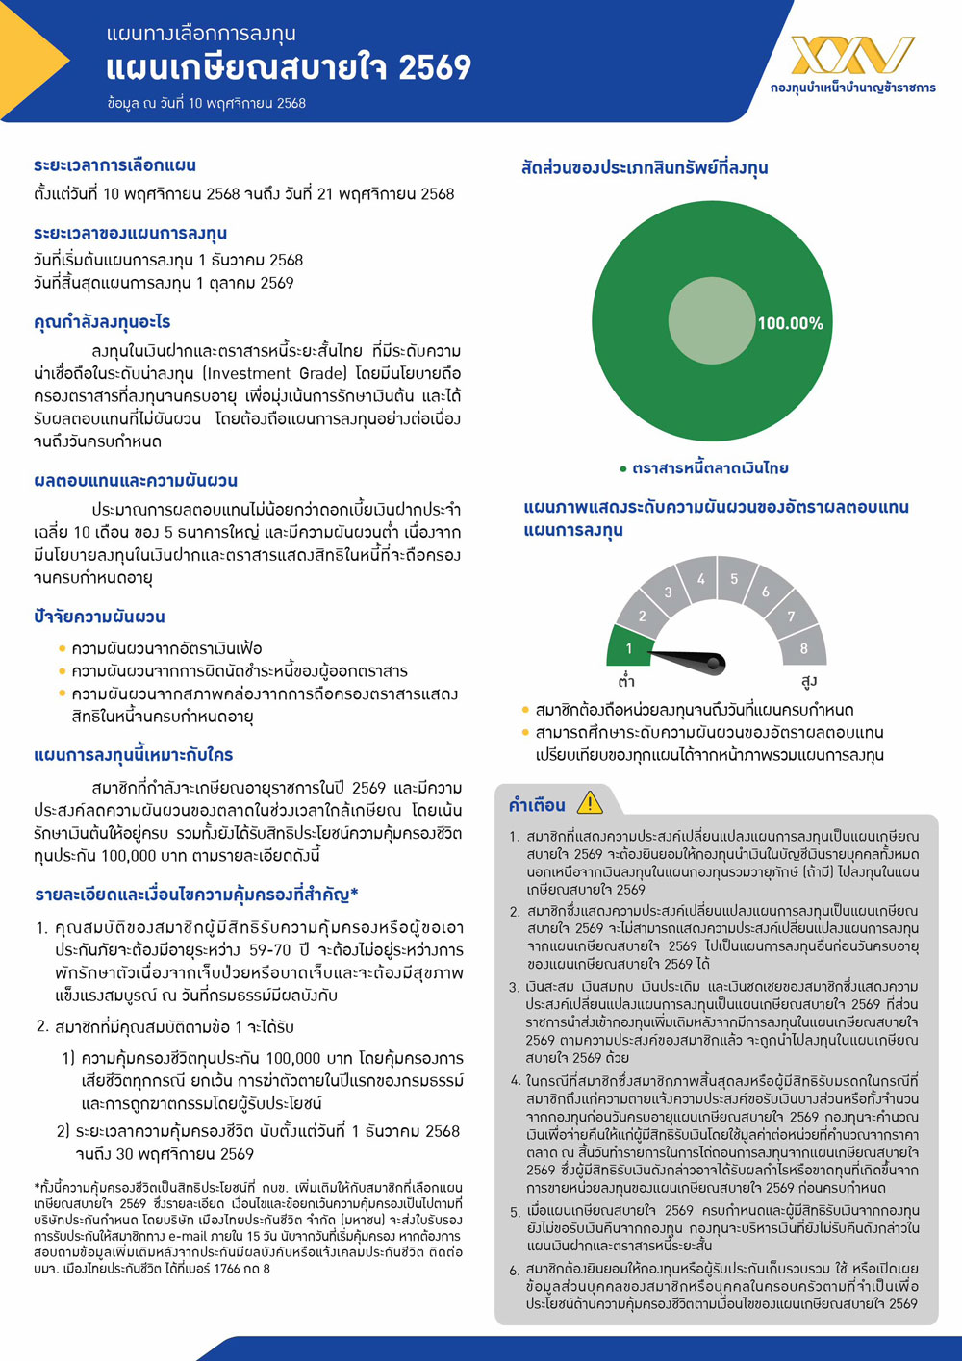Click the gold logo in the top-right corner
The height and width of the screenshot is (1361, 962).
click(x=852, y=55)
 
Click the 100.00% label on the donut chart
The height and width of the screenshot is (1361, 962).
click(x=790, y=323)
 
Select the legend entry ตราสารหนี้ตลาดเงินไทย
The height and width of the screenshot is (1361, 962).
click(x=710, y=468)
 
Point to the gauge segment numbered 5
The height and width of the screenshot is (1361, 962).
click(x=734, y=579)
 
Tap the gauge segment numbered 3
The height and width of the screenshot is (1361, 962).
click(x=668, y=592)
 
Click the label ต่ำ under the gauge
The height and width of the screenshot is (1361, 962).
click(x=626, y=682)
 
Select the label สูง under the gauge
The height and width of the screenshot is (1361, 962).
click(x=808, y=682)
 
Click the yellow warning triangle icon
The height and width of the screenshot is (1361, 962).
click(x=589, y=802)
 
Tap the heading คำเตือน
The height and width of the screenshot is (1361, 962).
click(x=537, y=805)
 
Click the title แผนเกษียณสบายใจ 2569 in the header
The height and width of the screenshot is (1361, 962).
click(x=289, y=68)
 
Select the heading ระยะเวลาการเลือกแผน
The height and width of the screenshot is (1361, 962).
click(x=114, y=165)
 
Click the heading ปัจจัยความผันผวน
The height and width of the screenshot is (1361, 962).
click(x=99, y=617)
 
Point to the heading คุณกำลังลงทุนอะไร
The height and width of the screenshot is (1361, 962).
click(x=102, y=322)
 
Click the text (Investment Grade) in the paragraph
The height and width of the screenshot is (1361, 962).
click(x=275, y=373)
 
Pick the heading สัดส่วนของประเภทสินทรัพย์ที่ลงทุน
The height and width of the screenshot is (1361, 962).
click(x=644, y=168)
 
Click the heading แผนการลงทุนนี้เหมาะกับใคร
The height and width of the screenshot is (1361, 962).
click(x=133, y=755)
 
